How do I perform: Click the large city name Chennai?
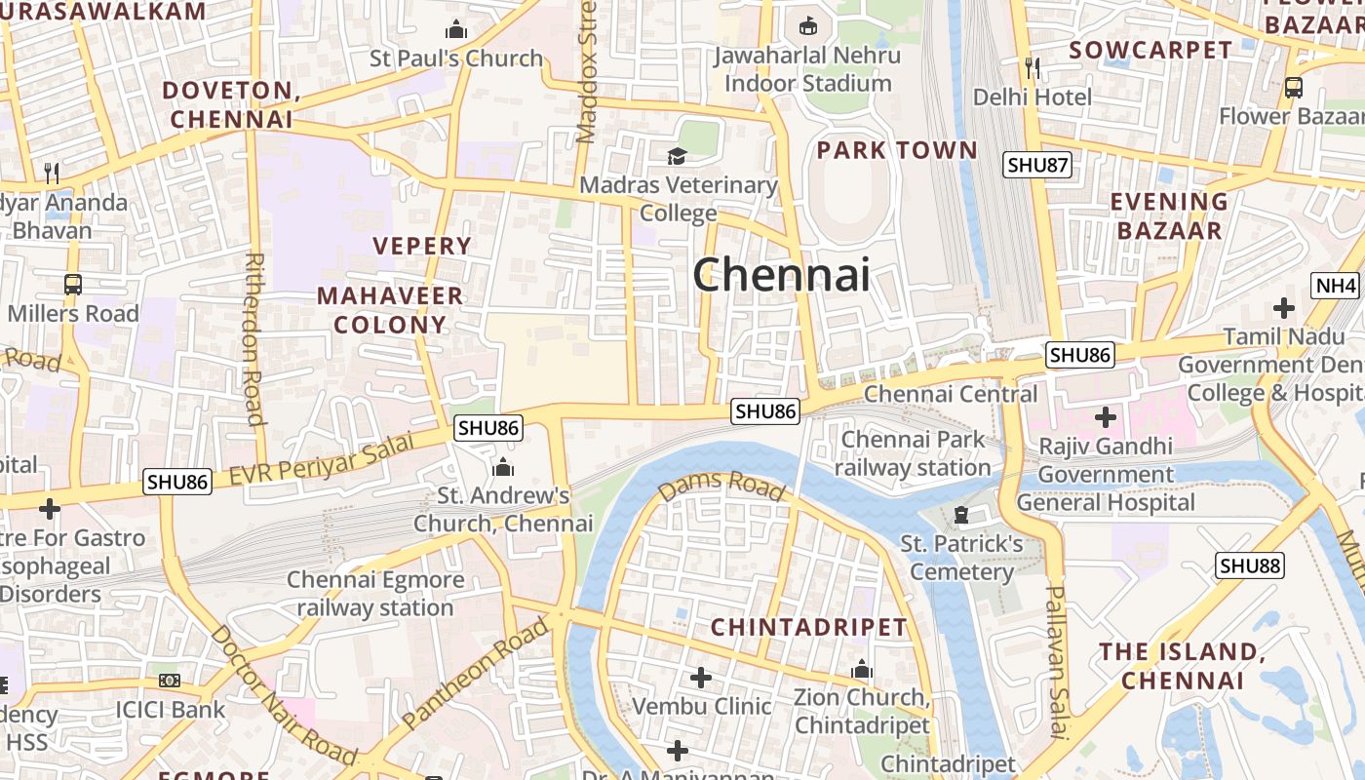click(781, 274)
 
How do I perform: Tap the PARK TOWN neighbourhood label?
click(896, 150)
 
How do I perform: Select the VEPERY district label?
click(422, 246)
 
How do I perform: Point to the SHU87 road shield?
click(1037, 165)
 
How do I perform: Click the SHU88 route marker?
click(1250, 565)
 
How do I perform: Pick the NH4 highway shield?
click(1335, 286)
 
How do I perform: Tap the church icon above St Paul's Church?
click(455, 30)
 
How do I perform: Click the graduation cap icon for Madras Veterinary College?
click(676, 156)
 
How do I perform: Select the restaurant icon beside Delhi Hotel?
click(1033, 67)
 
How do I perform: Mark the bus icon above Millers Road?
click(73, 285)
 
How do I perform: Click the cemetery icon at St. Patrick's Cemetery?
click(961, 514)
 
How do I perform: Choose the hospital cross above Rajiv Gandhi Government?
click(1105, 418)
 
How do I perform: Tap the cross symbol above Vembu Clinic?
click(700, 677)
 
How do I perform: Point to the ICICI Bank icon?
click(170, 681)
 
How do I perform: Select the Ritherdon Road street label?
click(254, 339)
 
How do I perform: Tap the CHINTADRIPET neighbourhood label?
click(808, 627)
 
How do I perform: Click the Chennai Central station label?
click(951, 394)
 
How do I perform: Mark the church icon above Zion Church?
click(861, 670)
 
